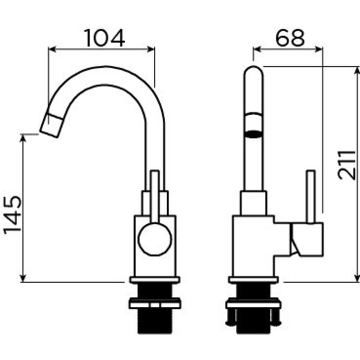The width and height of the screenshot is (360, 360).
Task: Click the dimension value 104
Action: coord(104,38)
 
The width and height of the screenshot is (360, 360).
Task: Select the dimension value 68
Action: coord(290,38)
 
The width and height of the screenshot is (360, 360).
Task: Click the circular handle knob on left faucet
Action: coord(155,239)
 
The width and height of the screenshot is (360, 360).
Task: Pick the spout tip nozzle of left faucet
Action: coord(50,125)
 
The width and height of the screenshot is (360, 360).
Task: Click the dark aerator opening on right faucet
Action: coord(254,133)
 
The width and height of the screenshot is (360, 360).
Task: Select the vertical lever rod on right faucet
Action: coord(311,197)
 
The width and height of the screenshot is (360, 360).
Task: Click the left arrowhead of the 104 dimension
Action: coord(52,49)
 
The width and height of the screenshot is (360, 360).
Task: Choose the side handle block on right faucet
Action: coord(307,239)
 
